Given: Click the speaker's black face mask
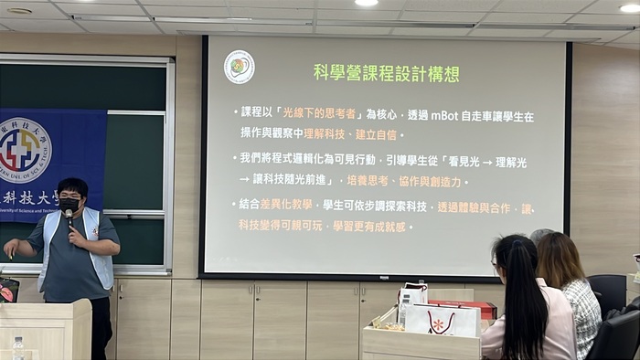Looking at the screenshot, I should pos(70,203).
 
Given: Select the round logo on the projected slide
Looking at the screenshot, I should pos(240,67).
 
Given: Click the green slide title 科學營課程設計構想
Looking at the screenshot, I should pos(386,73).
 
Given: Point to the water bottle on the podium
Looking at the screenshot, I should pos(18,348).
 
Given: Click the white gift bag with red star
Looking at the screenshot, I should pos(443,320).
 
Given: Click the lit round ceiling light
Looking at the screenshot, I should pos(366,3).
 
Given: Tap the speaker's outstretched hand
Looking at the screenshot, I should pos(11,248).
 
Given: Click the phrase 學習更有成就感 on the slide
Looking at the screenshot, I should pos(366,226).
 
